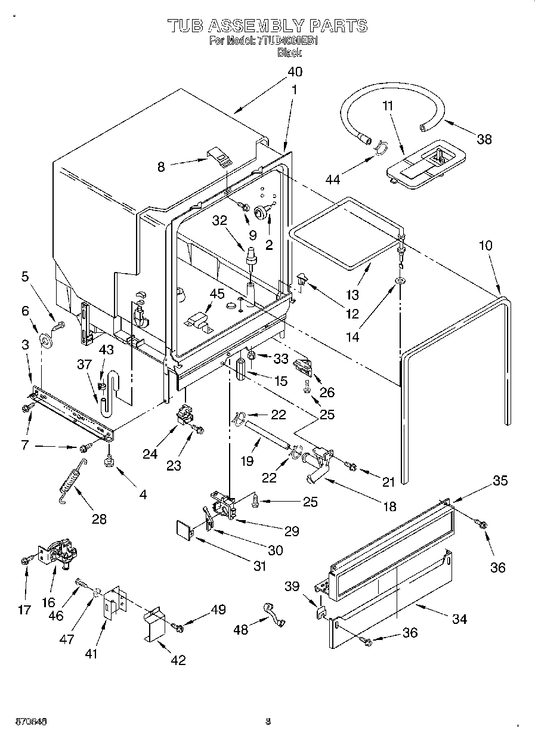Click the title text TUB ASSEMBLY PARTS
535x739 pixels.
(267, 25)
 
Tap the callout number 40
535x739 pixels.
(295, 72)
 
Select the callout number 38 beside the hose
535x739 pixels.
(484, 139)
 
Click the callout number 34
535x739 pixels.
(459, 619)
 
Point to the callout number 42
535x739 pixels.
(178, 660)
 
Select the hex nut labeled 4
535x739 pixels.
(109, 462)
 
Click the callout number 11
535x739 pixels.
(388, 106)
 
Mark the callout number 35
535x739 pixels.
(500, 480)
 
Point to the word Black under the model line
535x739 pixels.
(289, 52)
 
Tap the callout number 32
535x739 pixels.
(220, 219)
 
